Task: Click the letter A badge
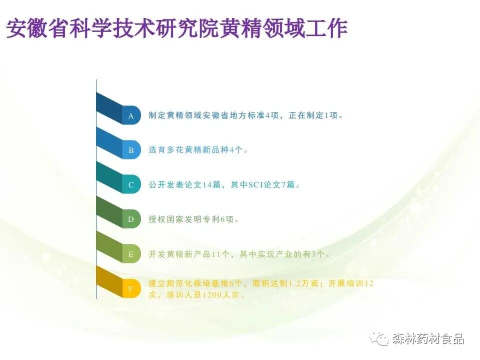[131, 116]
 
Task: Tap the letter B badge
[131, 150]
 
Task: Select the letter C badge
[131, 184]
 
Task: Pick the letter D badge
[131, 219]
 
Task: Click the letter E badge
[131, 254]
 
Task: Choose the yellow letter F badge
[131, 289]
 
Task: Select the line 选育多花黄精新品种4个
[198, 150]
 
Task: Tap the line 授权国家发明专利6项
[194, 219]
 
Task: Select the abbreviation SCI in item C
[259, 184]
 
